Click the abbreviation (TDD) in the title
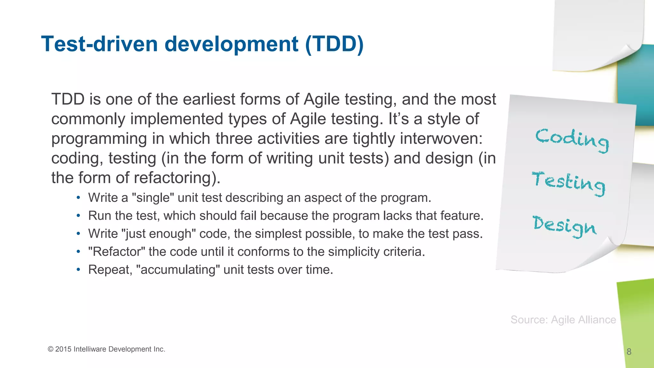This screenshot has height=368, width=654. coord(334,44)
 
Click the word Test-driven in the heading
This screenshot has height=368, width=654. coord(99,44)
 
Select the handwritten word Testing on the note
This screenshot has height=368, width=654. coord(569,183)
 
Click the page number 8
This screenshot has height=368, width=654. coord(629,352)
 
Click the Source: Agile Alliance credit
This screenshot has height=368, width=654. coord(563,320)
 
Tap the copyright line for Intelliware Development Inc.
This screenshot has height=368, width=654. coord(106,349)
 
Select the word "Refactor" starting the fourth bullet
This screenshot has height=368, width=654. coord(117,252)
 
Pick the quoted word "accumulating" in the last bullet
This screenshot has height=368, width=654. coord(178,270)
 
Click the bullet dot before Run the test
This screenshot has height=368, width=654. coord(78,216)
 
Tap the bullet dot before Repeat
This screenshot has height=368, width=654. coord(78,270)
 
